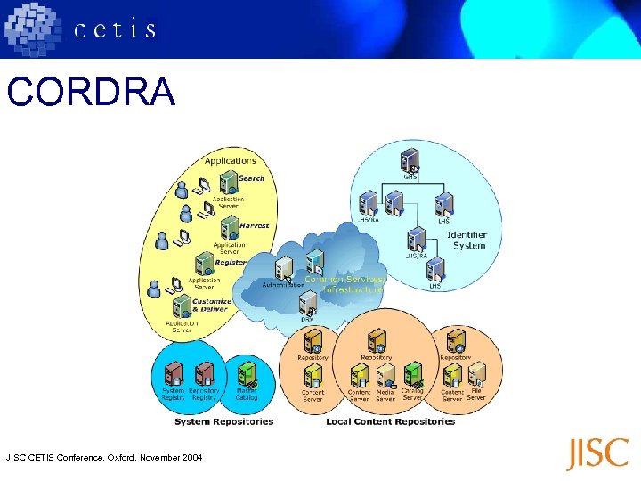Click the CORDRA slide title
(91, 93)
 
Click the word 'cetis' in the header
(115, 29)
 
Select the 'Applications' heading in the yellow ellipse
(230, 160)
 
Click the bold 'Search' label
(251, 178)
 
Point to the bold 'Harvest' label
(254, 225)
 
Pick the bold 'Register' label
(230, 263)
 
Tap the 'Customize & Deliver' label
(211, 306)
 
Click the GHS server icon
(410, 160)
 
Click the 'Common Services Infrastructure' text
(345, 284)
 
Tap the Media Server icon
(385, 375)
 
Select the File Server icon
(477, 375)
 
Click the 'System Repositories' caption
(223, 421)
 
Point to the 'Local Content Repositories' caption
(390, 421)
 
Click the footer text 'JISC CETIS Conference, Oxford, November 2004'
(104, 457)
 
